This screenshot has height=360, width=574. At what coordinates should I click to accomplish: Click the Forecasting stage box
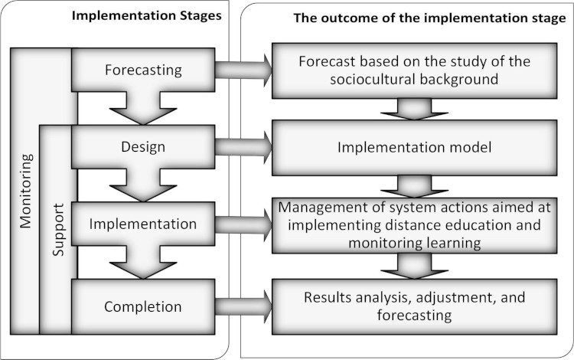click(143, 70)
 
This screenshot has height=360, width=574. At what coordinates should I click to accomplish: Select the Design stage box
click(143, 146)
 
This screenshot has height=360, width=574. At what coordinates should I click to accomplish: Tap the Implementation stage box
click(143, 225)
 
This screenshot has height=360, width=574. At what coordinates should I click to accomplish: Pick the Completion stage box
click(143, 307)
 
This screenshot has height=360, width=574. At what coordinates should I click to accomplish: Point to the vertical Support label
click(58, 231)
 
